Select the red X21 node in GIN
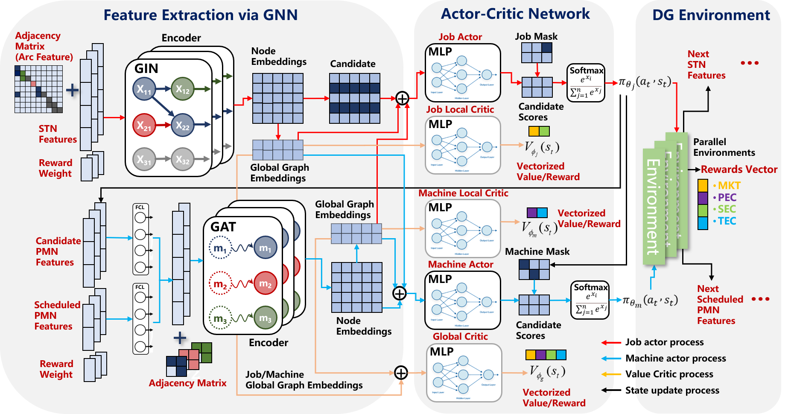point(144,125)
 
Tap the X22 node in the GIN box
point(182,125)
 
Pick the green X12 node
point(182,89)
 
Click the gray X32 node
point(182,160)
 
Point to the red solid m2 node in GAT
point(265,283)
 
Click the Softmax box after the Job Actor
point(586,83)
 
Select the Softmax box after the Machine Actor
point(590,300)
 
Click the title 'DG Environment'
point(711,15)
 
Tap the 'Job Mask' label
point(536,37)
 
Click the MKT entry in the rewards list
point(729,186)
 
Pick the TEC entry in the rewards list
point(727,221)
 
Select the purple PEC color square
point(703,198)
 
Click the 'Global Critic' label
point(460,336)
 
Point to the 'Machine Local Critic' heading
point(463,193)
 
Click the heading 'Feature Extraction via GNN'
point(201,15)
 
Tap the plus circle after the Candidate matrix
point(402,98)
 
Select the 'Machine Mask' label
point(537,252)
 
